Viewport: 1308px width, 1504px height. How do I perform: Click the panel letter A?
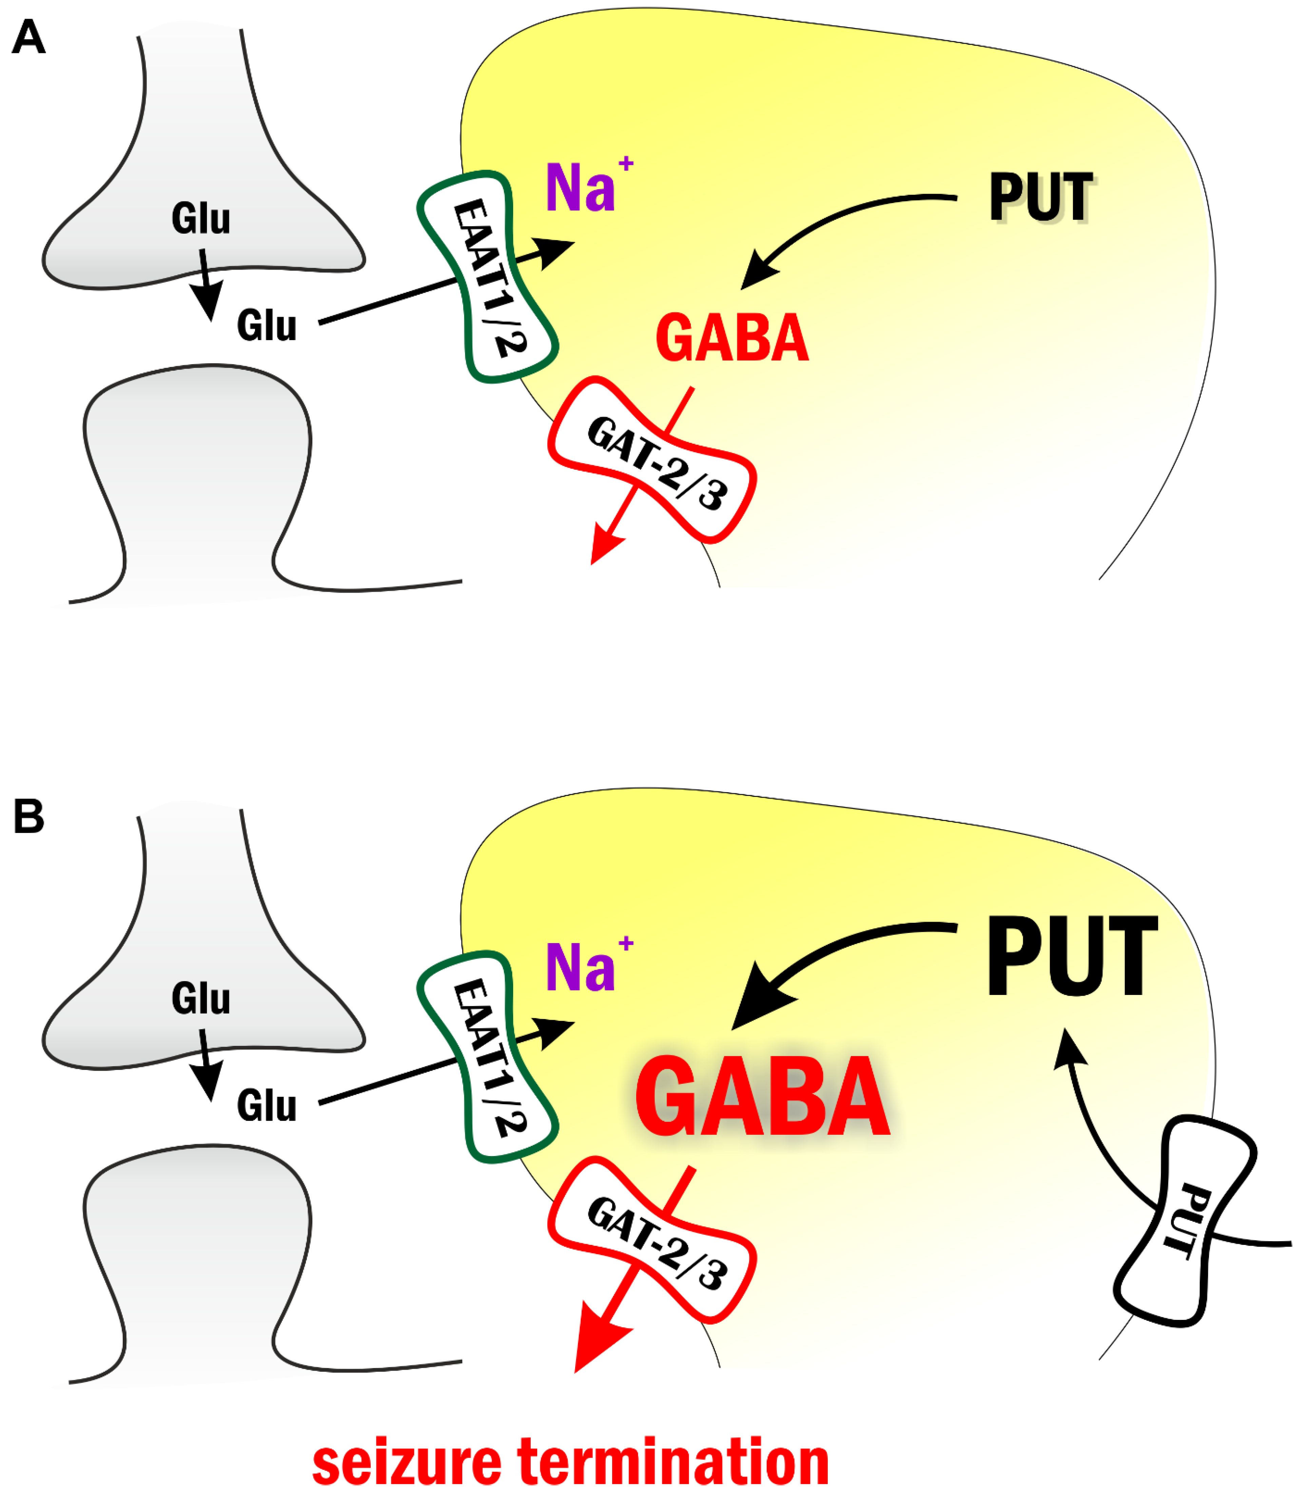[x=29, y=37]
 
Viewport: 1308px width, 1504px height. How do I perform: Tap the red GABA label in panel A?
[x=732, y=338]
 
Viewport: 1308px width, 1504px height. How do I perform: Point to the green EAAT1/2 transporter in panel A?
[x=488, y=277]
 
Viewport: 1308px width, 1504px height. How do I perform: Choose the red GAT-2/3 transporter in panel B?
[x=652, y=1241]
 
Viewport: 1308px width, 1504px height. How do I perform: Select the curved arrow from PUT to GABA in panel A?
[x=839, y=219]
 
